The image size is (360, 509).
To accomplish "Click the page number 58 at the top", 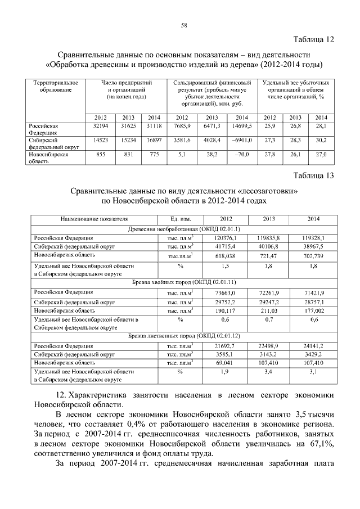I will pos(184,25).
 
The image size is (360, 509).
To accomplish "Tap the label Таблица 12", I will pos(314,39).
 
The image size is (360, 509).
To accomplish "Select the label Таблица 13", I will pos(314,175).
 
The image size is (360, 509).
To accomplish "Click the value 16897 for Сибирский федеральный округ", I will pos(154,140).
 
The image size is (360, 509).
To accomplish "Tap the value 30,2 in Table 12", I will pos(321,140).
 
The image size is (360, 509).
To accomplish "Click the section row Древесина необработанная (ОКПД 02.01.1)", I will pos(184,229).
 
